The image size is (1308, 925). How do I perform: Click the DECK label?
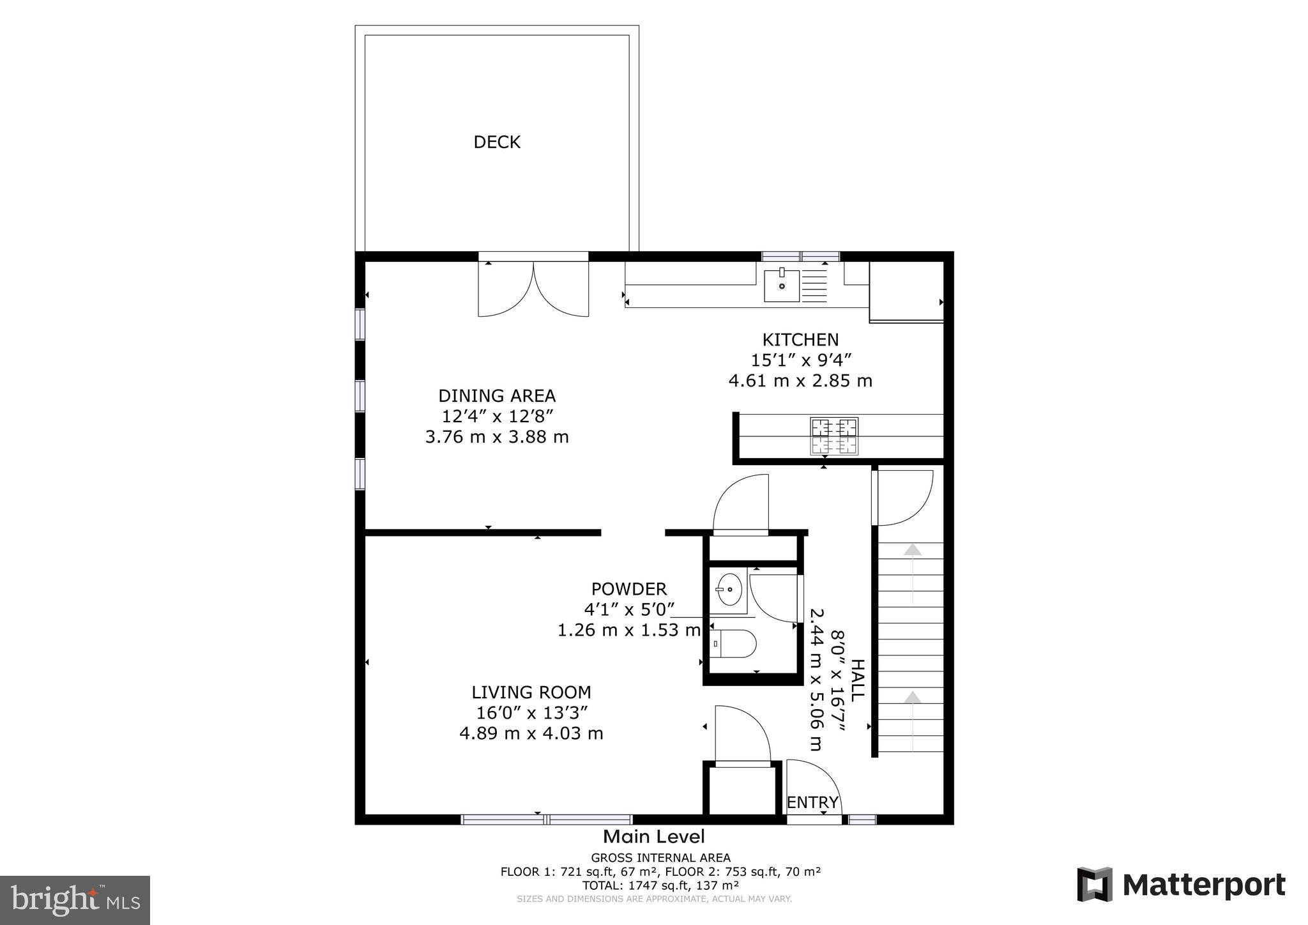(x=497, y=142)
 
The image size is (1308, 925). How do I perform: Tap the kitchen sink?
(x=782, y=286)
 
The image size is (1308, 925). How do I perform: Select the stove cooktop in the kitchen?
(x=833, y=436)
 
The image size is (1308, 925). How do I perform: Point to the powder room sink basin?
(x=729, y=589)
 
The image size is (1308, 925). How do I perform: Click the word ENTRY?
(x=812, y=802)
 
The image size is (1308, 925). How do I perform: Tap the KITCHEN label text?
(x=800, y=340)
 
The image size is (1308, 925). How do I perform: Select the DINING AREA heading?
(x=497, y=396)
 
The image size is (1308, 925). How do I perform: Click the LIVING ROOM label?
(x=531, y=692)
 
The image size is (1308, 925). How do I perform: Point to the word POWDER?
(x=628, y=589)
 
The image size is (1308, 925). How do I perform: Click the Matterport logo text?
(x=1203, y=885)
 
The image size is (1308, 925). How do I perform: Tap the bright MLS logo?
(x=75, y=900)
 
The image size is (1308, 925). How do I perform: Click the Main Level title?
(x=654, y=836)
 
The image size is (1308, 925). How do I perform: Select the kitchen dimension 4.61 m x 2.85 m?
(x=800, y=381)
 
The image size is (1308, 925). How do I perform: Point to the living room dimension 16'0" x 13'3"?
(x=531, y=713)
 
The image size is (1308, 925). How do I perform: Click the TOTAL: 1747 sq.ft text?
(x=660, y=885)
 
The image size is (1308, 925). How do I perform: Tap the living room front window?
(x=547, y=819)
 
